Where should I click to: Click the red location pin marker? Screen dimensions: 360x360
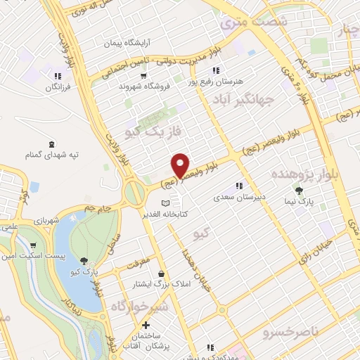(181, 165)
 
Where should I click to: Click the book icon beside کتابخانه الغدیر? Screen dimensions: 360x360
(165, 203)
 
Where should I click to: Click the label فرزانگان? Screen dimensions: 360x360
(59, 87)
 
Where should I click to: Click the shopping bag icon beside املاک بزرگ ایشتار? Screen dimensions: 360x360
(162, 274)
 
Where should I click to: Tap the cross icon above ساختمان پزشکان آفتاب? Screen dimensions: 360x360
(146, 326)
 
